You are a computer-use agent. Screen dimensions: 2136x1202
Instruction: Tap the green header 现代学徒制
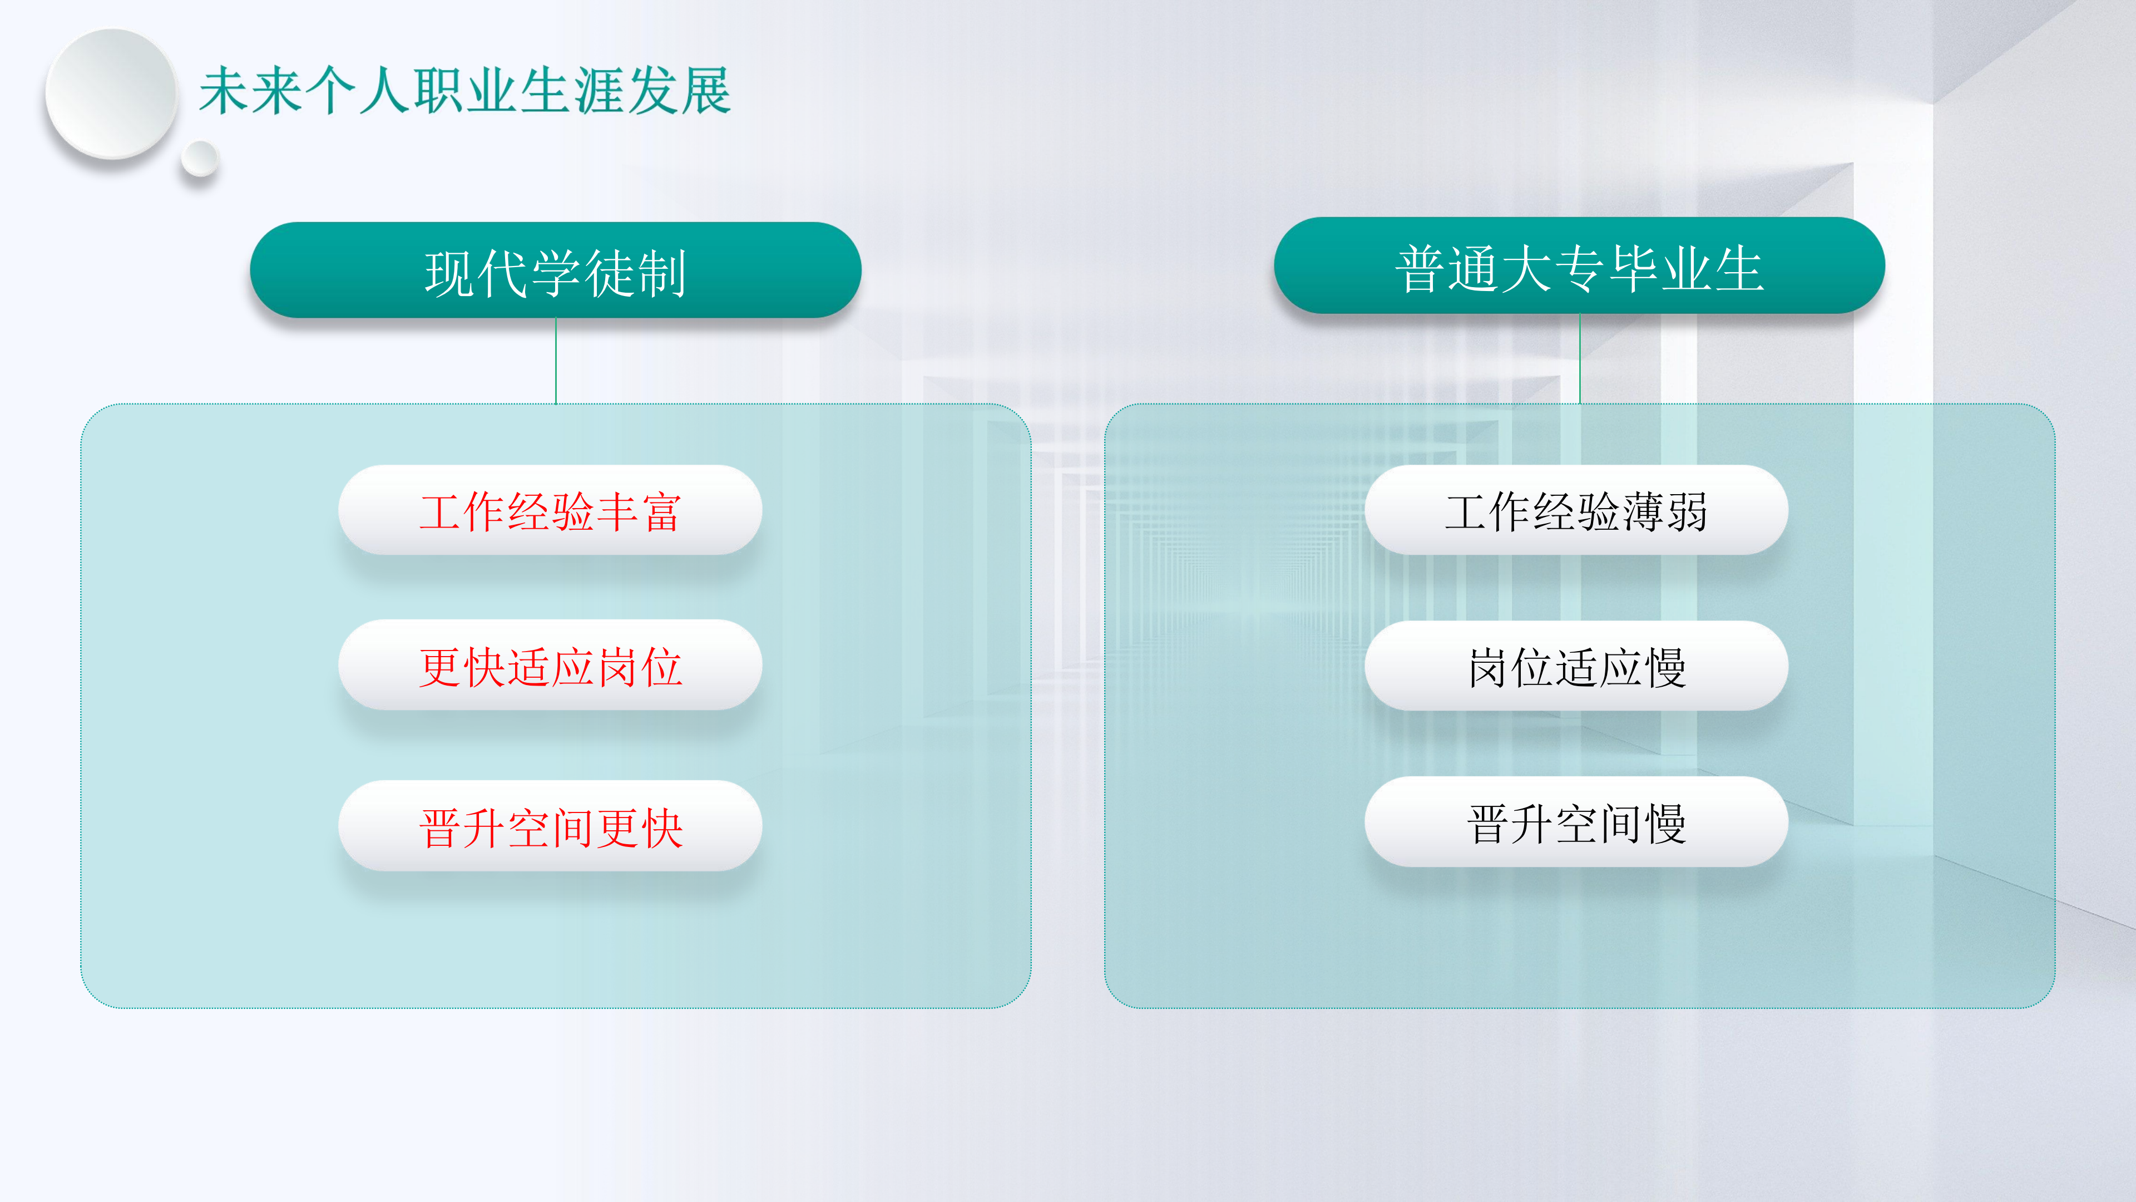click(x=556, y=269)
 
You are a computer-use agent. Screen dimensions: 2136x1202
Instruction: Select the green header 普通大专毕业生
click(x=1580, y=265)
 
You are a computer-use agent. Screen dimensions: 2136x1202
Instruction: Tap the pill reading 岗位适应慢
click(x=1576, y=666)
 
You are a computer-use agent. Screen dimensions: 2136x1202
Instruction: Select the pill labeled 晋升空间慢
click(x=1576, y=821)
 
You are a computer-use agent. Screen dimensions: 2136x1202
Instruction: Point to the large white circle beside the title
click(x=111, y=93)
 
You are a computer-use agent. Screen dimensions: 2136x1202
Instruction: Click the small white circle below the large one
click(x=199, y=157)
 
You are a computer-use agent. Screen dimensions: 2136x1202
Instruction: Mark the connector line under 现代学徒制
click(x=556, y=361)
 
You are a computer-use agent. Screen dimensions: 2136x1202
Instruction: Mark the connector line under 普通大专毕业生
click(x=1580, y=358)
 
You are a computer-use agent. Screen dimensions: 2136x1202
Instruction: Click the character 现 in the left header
click(x=450, y=273)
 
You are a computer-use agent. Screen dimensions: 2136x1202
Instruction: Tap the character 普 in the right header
click(x=1421, y=269)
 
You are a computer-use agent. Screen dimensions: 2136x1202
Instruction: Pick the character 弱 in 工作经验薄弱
click(x=1687, y=511)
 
